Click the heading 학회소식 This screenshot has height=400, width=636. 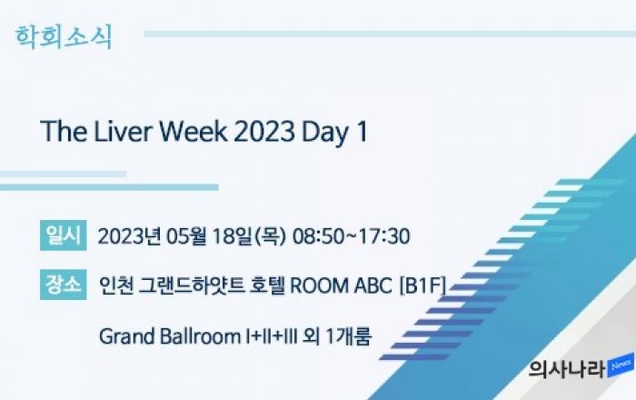tap(64, 38)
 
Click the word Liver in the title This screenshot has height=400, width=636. tap(123, 132)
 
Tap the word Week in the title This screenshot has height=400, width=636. tap(193, 132)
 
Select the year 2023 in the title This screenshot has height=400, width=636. tap(264, 132)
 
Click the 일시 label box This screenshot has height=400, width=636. tap(64, 235)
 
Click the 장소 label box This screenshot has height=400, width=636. tap(64, 285)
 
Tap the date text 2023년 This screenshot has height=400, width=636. tap(129, 236)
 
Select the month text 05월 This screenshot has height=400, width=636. tap(185, 236)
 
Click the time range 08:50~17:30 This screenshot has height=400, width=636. tap(352, 236)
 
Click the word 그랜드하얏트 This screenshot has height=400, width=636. tap(192, 285)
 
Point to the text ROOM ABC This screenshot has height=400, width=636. tap(341, 285)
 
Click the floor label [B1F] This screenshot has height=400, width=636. tap(422, 285)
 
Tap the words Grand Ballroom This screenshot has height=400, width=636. tap(170, 336)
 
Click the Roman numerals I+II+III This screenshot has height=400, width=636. tap(272, 336)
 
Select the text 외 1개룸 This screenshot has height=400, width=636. tap(337, 336)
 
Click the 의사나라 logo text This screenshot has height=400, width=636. tap(568, 369)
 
